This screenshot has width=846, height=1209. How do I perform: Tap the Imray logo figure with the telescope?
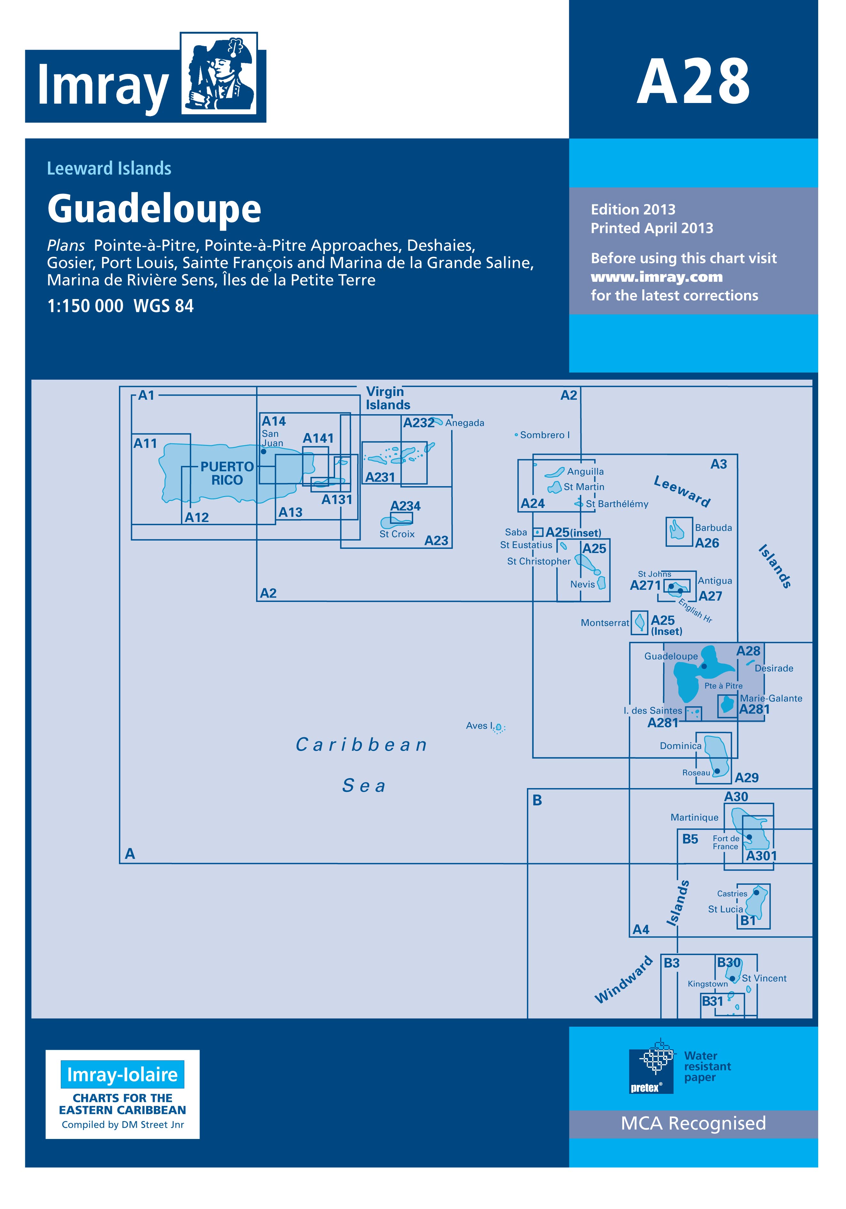[218, 73]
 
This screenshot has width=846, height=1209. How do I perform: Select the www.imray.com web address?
[656, 277]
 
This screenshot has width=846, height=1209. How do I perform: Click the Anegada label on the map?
[464, 423]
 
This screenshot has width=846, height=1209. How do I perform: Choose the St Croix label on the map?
[397, 534]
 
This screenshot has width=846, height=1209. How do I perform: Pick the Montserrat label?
[605, 623]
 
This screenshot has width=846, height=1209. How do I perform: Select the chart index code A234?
[405, 506]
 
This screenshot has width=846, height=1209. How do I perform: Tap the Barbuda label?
[713, 528]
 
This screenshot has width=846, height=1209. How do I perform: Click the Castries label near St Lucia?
[732, 894]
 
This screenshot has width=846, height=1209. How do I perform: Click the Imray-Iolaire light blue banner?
[123, 1074]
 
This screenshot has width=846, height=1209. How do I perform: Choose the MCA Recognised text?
[693, 1123]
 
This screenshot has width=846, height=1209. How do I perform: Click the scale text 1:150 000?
[85, 306]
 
